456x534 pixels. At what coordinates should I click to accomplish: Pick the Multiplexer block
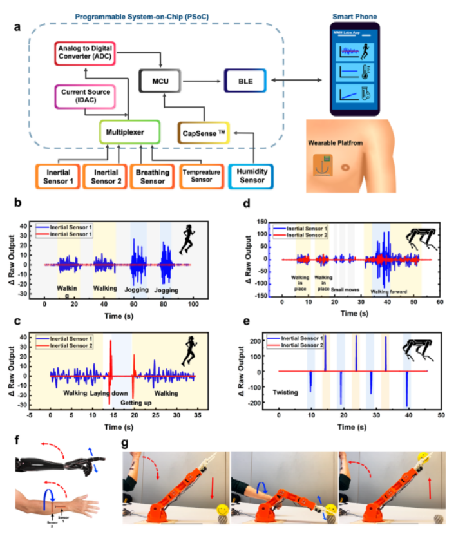click(x=129, y=133)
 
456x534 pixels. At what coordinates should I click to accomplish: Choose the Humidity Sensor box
click(x=252, y=176)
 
